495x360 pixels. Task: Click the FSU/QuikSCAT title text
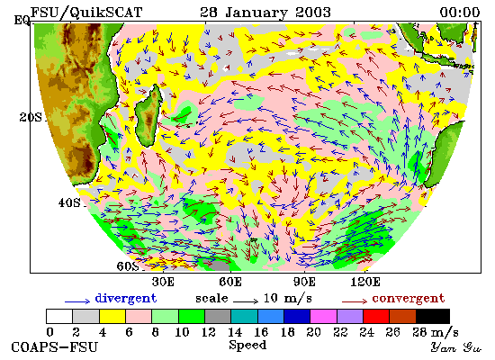tap(86, 13)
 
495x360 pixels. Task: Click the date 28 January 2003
tap(265, 13)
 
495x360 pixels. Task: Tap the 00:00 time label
tap(460, 13)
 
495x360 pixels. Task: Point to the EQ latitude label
tap(22, 21)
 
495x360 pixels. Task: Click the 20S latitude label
tap(31, 118)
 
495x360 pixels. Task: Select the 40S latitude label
tap(69, 202)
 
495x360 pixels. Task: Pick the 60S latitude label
tap(128, 266)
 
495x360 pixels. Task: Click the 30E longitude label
tap(163, 282)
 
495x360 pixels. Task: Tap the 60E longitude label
tap(230, 282)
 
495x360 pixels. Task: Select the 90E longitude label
tap(304, 282)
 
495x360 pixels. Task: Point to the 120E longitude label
tap(365, 282)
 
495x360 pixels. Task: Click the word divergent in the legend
tap(126, 299)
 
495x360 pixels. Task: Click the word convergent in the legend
tap(409, 299)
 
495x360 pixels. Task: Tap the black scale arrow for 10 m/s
tap(246, 301)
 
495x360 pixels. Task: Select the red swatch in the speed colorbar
tap(376, 316)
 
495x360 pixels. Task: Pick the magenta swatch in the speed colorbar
tap(323, 316)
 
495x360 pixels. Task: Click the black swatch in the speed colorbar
tap(433, 316)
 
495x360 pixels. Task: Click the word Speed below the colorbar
tap(247, 346)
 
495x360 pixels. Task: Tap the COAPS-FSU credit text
tap(54, 347)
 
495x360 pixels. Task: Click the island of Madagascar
tap(148, 116)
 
